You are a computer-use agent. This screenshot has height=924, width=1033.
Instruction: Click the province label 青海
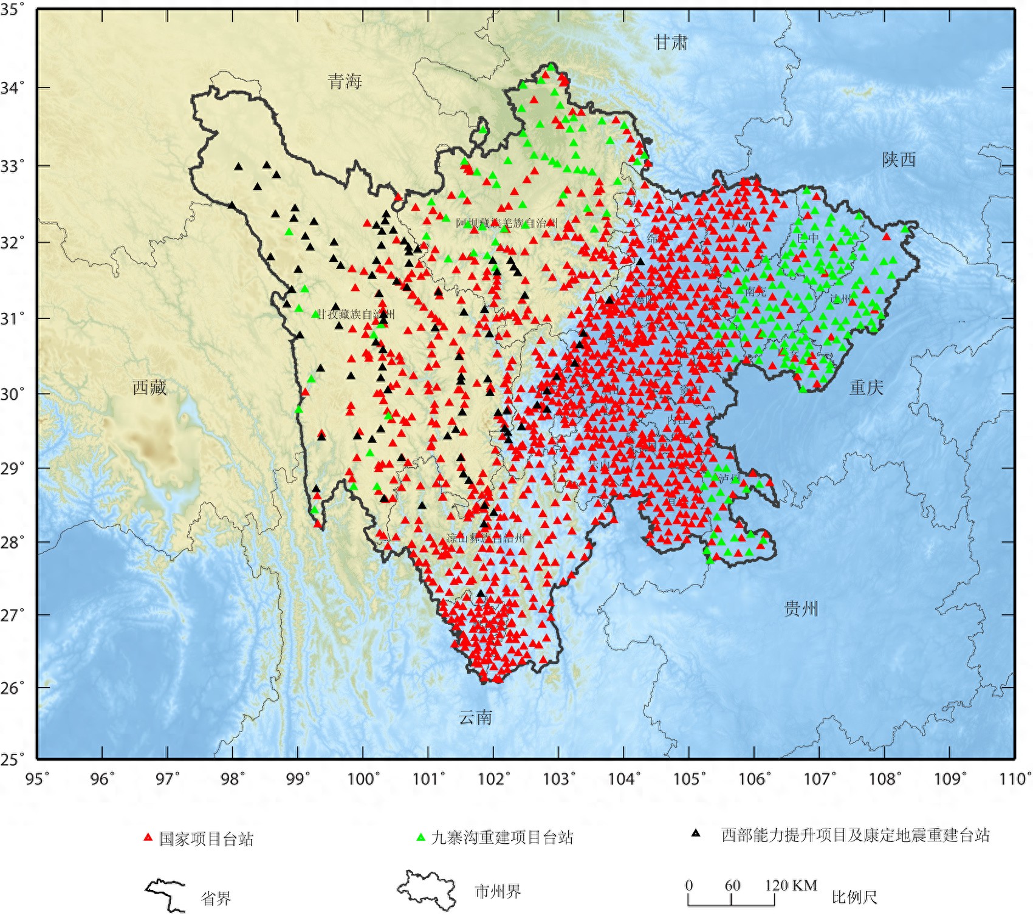[x=345, y=81]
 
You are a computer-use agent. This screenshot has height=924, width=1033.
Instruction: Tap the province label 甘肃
[x=671, y=43]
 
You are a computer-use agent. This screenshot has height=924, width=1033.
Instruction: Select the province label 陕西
[x=899, y=160]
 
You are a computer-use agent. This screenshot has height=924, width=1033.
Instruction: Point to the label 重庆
[x=866, y=387]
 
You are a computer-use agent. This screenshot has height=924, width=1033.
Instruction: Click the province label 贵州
[x=801, y=608]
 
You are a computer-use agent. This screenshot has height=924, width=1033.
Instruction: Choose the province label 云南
[x=475, y=717]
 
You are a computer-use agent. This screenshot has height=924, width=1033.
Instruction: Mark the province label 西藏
[x=149, y=387]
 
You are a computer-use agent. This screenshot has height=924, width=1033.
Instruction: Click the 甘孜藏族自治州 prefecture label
[x=356, y=314]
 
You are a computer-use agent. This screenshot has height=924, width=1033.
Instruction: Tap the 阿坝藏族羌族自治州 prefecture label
[x=506, y=223]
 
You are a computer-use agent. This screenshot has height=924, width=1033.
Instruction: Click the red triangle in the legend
[x=148, y=837]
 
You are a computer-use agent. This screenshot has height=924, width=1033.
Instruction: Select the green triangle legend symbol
[x=420, y=837]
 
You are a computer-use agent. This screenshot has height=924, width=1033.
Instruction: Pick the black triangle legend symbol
[x=696, y=833]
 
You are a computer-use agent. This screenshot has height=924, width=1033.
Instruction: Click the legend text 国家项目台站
[x=206, y=839]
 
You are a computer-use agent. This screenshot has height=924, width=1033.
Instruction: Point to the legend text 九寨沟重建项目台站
[x=502, y=837]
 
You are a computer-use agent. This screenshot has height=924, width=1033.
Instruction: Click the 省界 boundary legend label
[x=216, y=898]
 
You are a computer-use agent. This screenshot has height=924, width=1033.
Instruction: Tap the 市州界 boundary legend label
[x=498, y=892]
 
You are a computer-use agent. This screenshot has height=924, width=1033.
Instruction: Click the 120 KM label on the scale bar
[x=791, y=885]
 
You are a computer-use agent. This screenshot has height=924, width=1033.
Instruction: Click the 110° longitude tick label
[x=1015, y=778]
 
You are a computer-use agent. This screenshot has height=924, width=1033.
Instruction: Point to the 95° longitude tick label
[x=37, y=778]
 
